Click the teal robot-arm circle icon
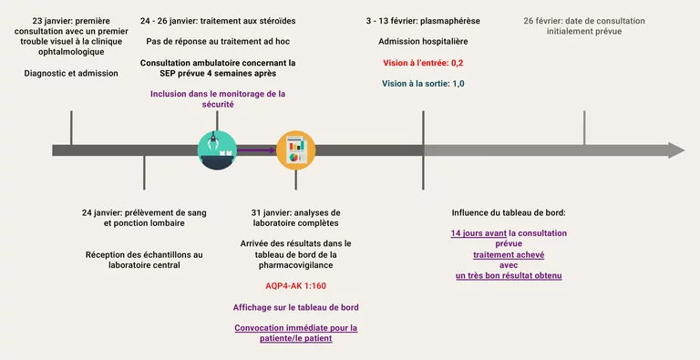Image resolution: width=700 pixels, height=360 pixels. [218, 150]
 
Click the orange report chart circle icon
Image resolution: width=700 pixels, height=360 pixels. [295, 150]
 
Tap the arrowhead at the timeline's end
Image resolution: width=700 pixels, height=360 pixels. [676, 150]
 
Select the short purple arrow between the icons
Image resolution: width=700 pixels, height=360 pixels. [256, 150]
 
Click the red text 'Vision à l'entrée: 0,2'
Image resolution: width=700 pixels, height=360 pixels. [423, 63]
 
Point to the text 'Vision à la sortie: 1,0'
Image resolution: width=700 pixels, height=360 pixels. [423, 84]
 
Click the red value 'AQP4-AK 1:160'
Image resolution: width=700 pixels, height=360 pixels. [295, 286]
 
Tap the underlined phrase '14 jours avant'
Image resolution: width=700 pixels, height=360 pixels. [479, 233]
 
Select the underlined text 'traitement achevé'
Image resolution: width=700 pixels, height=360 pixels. [509, 255]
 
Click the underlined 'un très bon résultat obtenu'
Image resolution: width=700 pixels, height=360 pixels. [509, 275]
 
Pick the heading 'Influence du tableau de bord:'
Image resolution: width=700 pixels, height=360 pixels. [509, 212]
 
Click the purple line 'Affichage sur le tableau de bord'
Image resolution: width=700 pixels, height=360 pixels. [295, 307]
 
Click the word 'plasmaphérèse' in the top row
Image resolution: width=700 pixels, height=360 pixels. [450, 21]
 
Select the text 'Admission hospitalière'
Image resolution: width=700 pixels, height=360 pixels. [423, 42]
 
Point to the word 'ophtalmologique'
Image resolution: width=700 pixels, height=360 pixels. [71, 52]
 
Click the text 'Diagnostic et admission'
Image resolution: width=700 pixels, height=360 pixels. [71, 73]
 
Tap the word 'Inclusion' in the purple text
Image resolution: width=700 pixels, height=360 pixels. [169, 94]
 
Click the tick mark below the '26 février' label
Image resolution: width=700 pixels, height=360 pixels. [584, 128]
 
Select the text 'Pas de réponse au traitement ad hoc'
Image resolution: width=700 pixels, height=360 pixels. [218, 42]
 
